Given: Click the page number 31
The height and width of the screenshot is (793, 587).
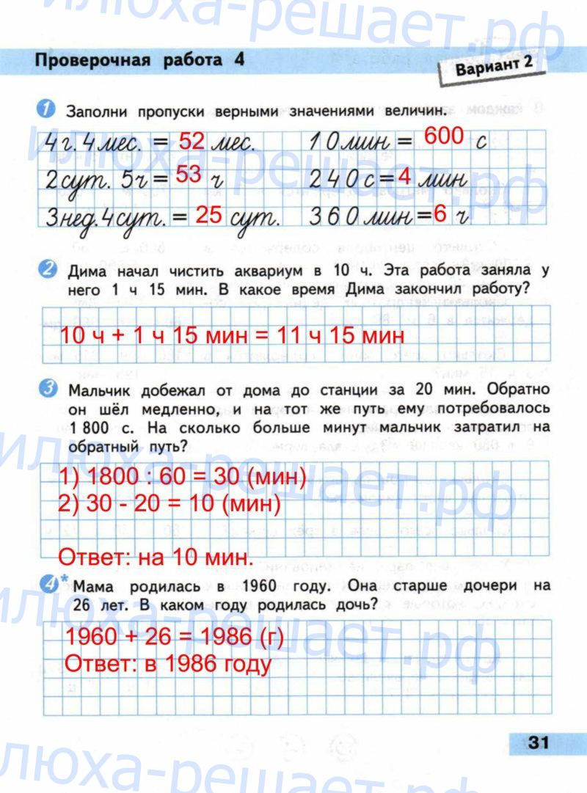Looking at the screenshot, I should click(539, 742).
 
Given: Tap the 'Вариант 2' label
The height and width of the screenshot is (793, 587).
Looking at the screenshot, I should click(494, 68).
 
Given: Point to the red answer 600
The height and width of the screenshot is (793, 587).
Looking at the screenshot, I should click(444, 136).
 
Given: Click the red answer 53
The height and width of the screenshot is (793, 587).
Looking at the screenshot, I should click(189, 176).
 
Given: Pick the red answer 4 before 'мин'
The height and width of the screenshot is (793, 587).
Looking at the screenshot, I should click(404, 178).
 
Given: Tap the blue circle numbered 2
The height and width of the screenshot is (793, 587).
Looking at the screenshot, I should click(45, 270).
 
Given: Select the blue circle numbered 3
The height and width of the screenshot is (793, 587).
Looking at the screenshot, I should click(45, 389).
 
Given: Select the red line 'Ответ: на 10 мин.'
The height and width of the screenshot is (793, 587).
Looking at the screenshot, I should click(155, 556).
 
